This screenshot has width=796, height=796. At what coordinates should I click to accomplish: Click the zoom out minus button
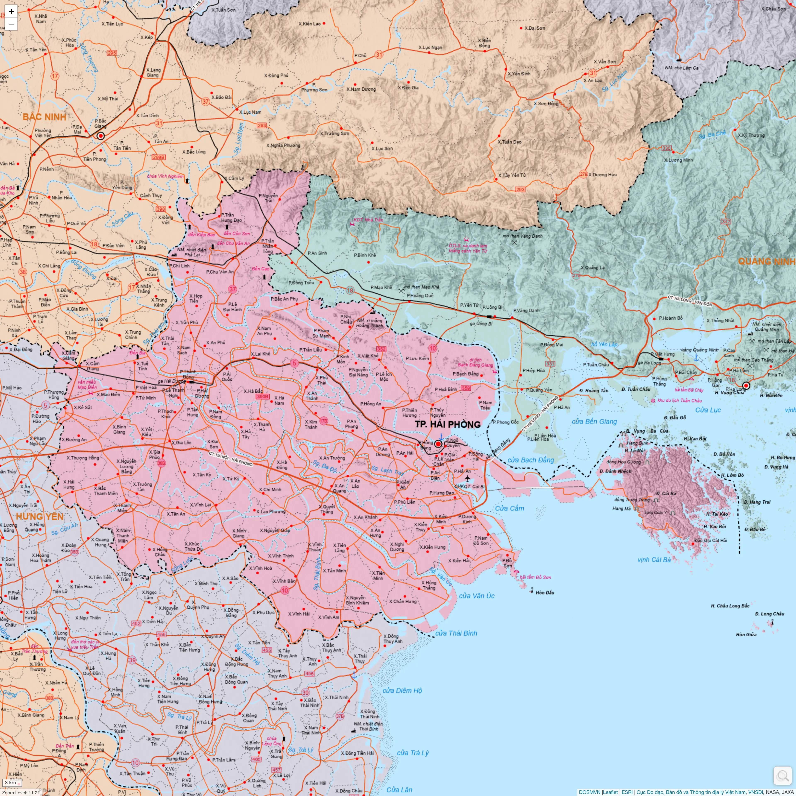click(x=11, y=24)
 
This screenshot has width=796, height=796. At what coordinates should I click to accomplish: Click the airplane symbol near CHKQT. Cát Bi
click(x=467, y=478)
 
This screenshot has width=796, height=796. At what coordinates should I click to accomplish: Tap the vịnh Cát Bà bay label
click(x=654, y=559)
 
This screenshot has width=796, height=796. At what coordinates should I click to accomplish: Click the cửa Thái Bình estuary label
click(x=456, y=633)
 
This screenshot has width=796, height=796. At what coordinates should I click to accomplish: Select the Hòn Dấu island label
click(x=545, y=592)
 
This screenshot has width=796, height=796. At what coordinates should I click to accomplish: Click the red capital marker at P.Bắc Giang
click(x=101, y=136)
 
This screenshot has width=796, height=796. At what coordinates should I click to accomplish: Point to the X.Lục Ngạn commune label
click(x=430, y=47)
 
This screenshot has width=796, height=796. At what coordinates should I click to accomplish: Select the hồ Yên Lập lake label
click(x=604, y=345)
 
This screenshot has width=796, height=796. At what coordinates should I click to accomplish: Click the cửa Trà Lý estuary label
click(x=413, y=753)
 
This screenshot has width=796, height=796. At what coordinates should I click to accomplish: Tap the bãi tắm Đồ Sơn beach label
click(x=535, y=577)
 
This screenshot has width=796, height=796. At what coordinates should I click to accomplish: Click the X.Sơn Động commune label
click(x=546, y=103)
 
